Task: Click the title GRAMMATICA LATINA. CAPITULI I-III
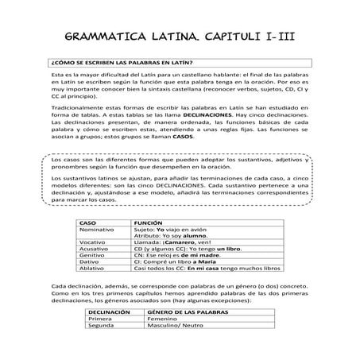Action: (180, 36)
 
